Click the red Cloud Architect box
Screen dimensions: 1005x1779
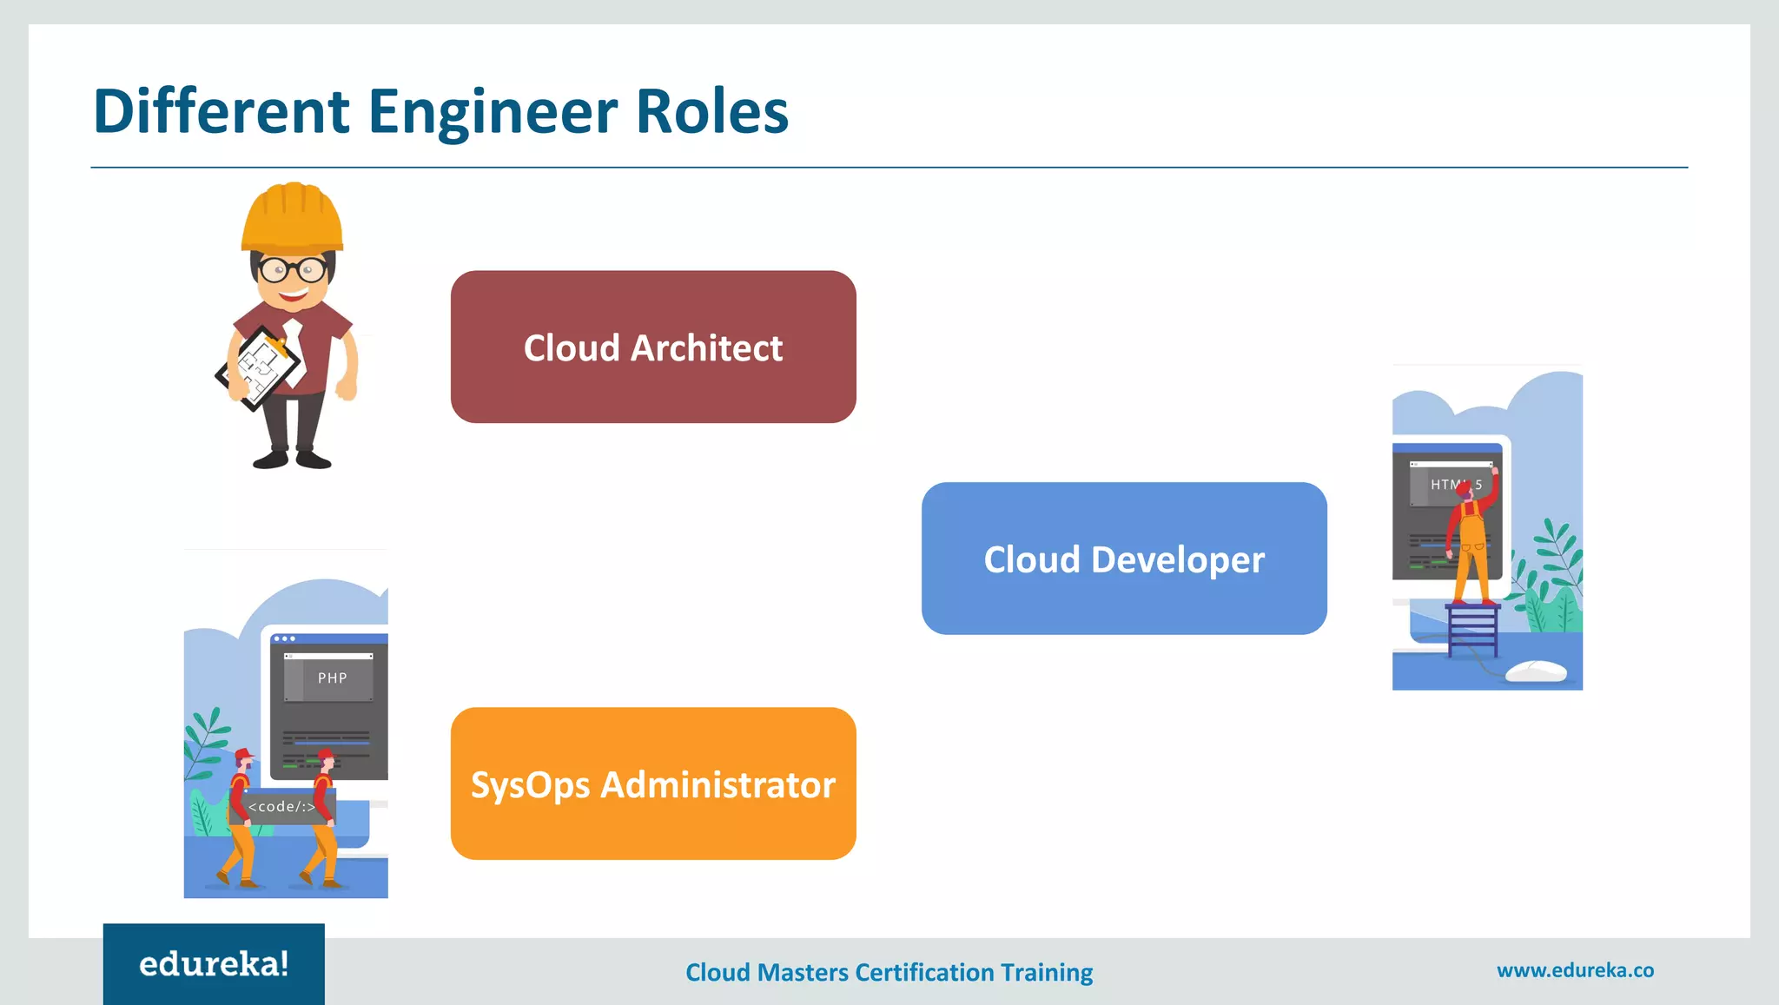click(x=653, y=347)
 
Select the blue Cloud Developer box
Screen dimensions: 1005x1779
click(x=1124, y=559)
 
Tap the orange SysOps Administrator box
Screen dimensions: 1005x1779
click(x=653, y=784)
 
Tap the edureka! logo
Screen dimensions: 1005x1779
click(x=214, y=963)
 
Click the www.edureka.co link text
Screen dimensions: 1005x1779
click(x=1575, y=970)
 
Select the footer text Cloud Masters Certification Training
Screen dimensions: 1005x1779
click(x=889, y=972)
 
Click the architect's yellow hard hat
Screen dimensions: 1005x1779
click(x=293, y=218)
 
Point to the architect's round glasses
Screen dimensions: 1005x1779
click(x=294, y=270)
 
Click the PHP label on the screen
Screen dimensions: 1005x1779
click(x=332, y=678)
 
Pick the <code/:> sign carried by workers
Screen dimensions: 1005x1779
click(x=281, y=807)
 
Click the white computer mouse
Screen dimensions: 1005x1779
click(x=1536, y=671)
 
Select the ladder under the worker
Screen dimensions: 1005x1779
click(x=1472, y=630)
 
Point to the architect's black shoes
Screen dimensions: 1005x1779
click(x=292, y=458)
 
